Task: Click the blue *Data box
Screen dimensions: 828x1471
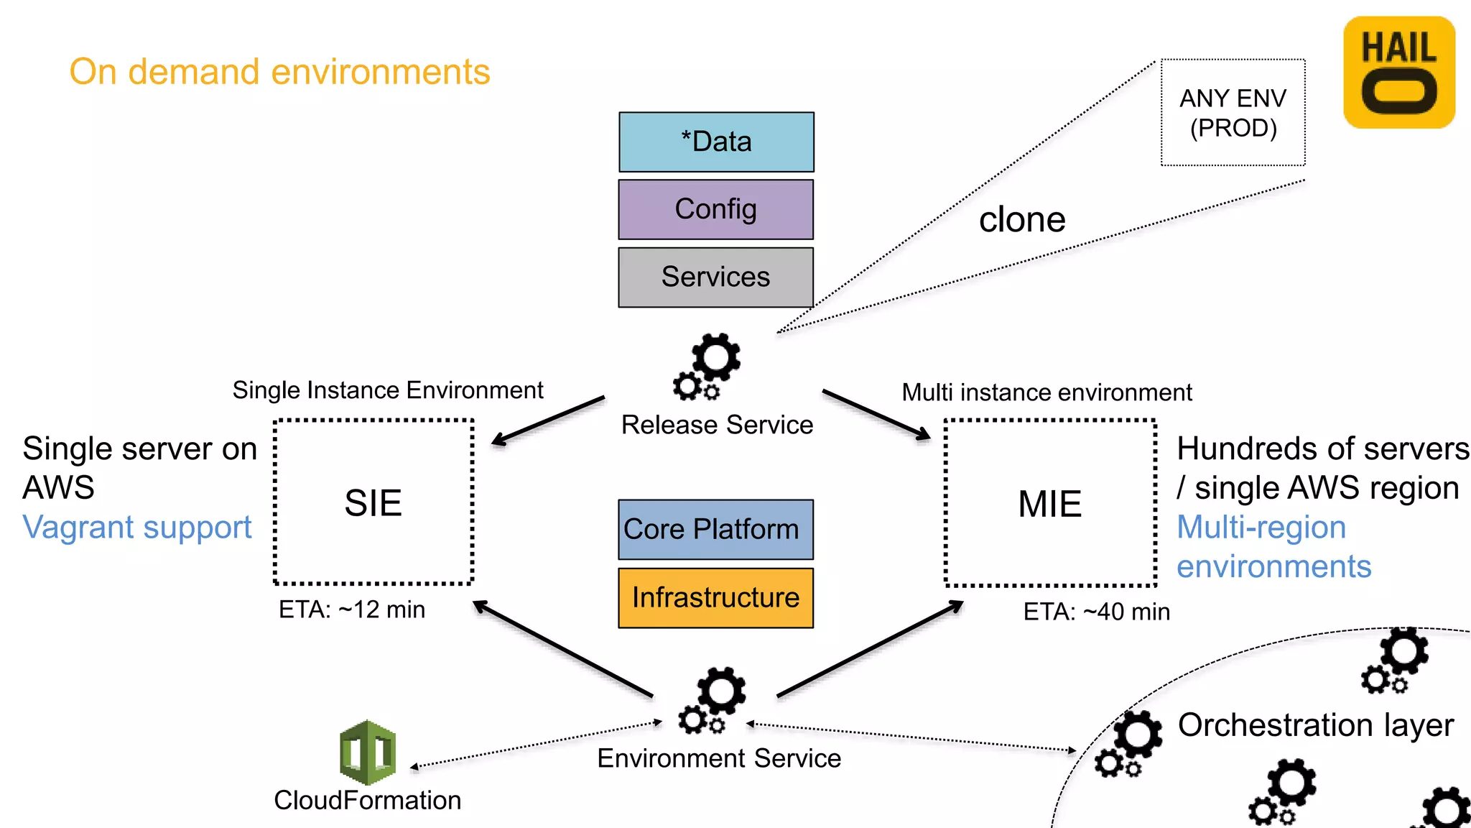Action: [x=716, y=142]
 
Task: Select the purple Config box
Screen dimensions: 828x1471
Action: [x=716, y=209]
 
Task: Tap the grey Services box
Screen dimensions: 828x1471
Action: [x=716, y=277]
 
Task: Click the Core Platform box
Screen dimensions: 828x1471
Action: [x=716, y=530]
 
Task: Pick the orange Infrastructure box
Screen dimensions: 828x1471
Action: [x=716, y=598]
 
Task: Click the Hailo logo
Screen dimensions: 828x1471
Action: [x=1398, y=73]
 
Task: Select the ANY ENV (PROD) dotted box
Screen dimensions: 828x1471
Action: [x=1233, y=113]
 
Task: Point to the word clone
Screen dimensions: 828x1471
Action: [x=1022, y=219]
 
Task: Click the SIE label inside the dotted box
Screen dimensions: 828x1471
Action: [x=373, y=502]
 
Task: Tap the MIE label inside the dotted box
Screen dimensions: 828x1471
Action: [x=1049, y=504]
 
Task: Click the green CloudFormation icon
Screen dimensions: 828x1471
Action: [x=368, y=752]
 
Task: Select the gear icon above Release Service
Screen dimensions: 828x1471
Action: [x=707, y=367]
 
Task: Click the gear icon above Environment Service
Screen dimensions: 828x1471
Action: [x=713, y=701]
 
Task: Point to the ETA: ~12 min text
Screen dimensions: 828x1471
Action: [x=352, y=609]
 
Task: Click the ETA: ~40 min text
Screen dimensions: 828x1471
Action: [x=1096, y=612]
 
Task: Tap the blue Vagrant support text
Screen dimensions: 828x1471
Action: [x=137, y=528]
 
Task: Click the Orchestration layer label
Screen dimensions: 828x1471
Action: [x=1315, y=725]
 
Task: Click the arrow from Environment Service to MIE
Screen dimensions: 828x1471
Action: [x=869, y=650]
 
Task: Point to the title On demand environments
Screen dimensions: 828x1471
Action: [x=279, y=72]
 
